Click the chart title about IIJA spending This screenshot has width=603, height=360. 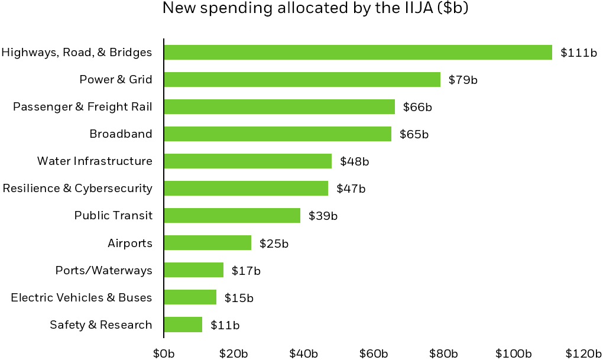coord(315,9)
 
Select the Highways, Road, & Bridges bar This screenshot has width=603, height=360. coord(358,53)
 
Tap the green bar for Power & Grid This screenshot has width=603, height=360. coord(302,80)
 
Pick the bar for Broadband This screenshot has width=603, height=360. coord(277,134)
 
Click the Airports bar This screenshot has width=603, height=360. coord(208,243)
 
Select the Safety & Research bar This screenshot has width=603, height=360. coord(183,325)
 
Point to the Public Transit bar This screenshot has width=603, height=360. coord(232,216)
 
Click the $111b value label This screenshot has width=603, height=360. coord(579,53)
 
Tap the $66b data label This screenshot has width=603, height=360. coord(417,107)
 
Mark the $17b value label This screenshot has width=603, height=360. coord(246,271)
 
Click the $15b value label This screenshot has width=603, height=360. coord(239,298)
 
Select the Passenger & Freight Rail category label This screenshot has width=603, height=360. coord(83,107)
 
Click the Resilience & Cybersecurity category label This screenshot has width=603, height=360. coord(77,189)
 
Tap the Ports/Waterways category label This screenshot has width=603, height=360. coord(103,271)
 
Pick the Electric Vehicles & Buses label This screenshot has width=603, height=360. coord(82,298)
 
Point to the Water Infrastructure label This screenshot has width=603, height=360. coord(95,161)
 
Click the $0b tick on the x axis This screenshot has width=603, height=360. coord(164,353)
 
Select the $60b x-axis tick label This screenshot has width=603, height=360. coord(374,353)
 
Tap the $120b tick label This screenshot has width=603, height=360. coord(583,353)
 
